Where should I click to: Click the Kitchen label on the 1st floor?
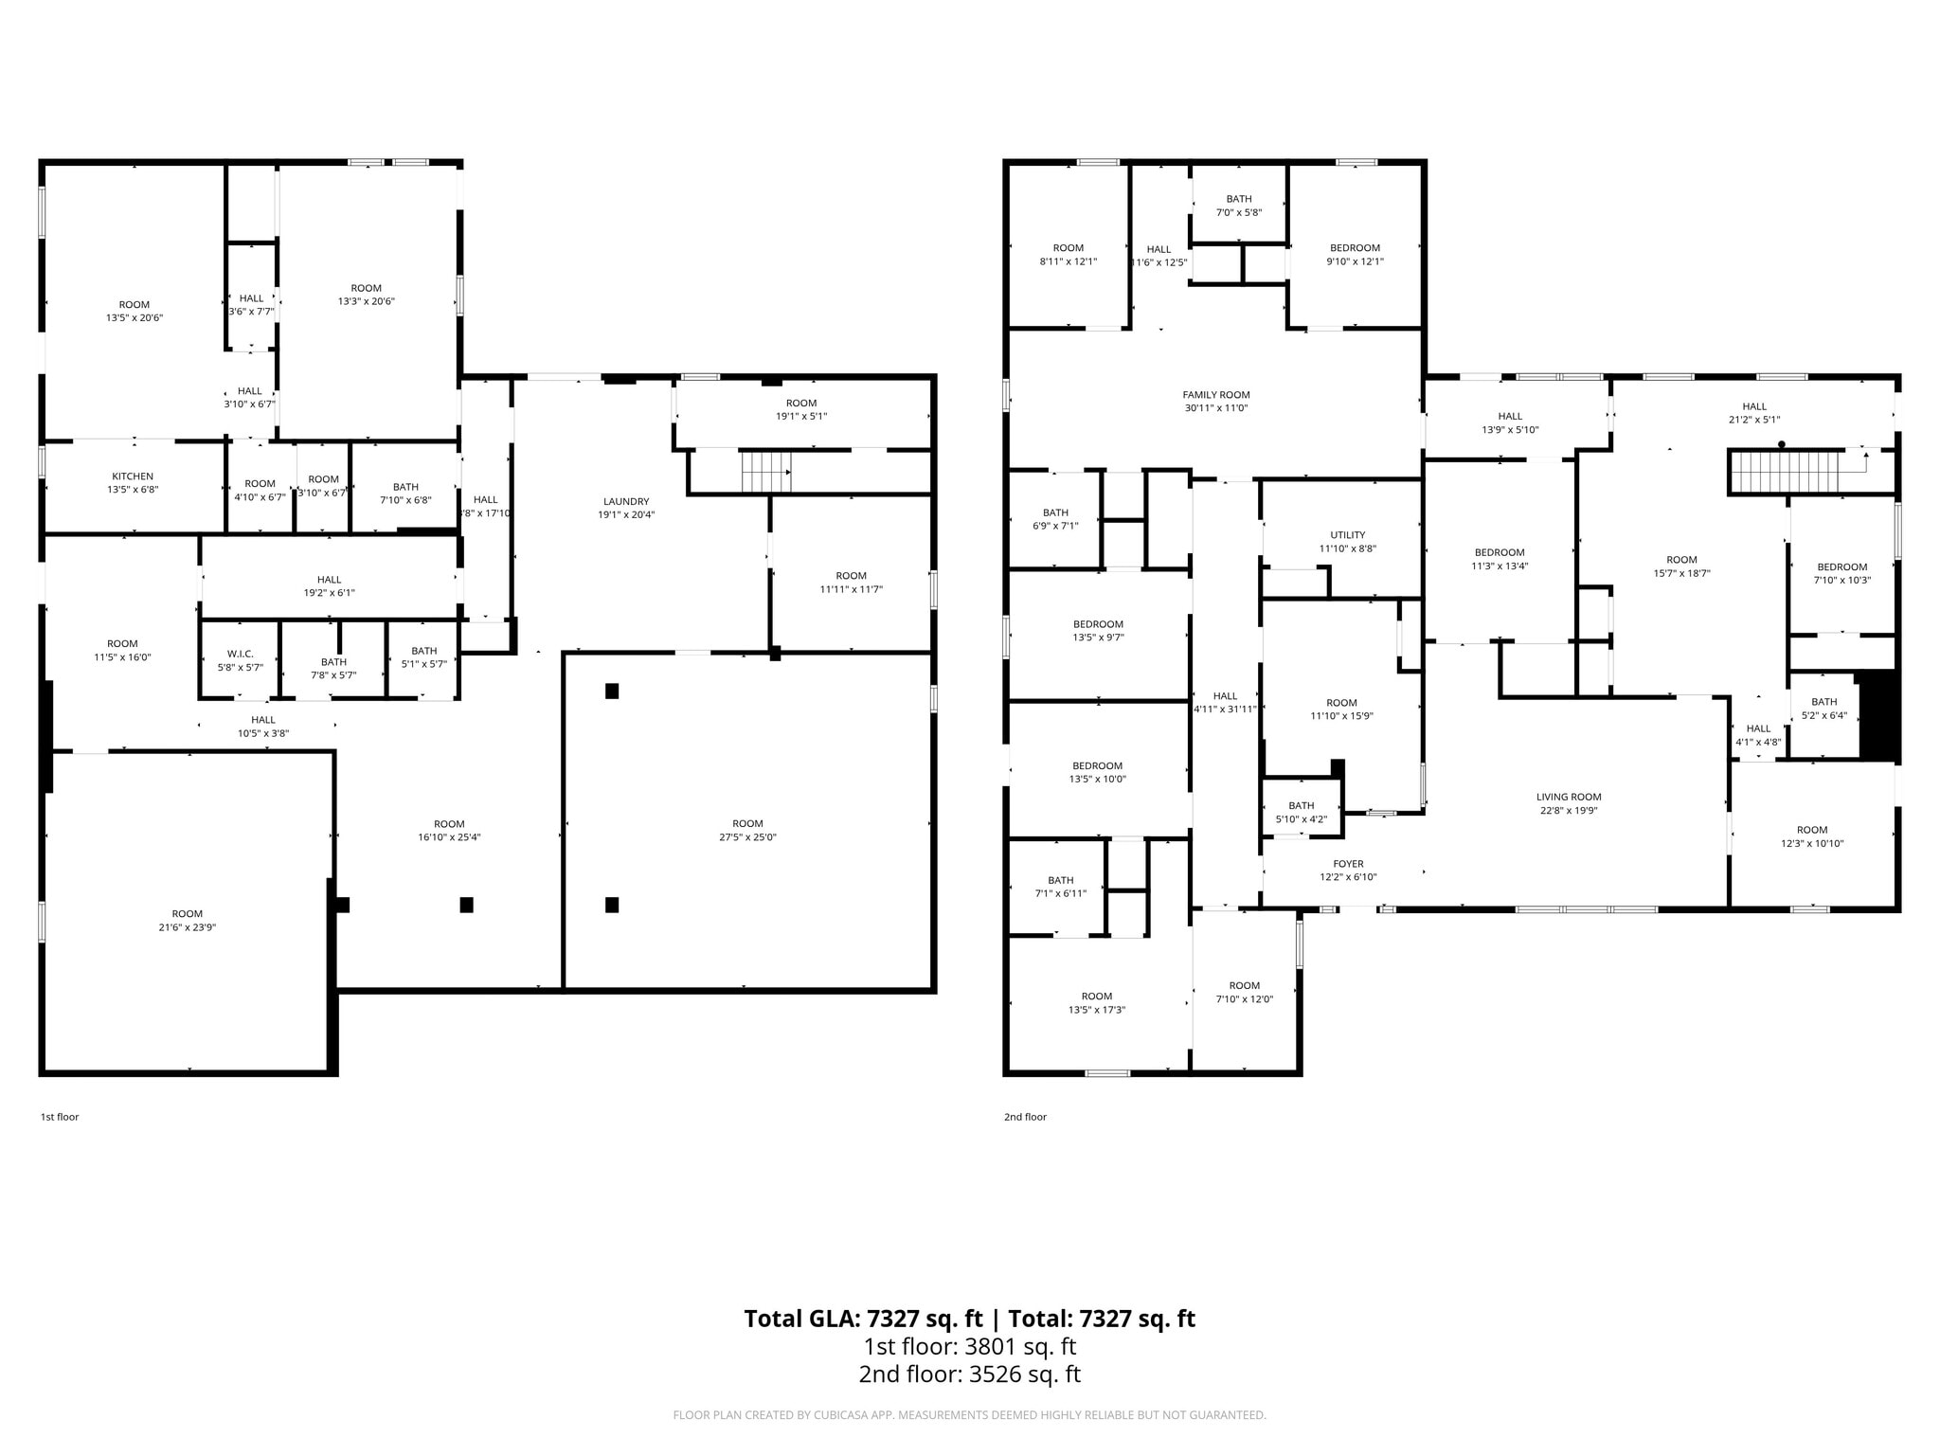tap(133, 476)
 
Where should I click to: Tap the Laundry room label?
tap(626, 502)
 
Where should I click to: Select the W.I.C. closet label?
tap(241, 654)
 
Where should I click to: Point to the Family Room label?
tap(1216, 395)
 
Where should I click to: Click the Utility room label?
tap(1347, 535)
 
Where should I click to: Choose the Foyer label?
tap(1348, 864)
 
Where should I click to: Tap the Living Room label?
tap(1569, 798)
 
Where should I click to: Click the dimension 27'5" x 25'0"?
tap(747, 837)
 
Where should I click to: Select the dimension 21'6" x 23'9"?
tap(188, 928)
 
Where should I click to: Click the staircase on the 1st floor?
tap(764, 472)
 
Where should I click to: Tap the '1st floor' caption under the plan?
tap(60, 1117)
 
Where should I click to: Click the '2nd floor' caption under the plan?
tap(1025, 1117)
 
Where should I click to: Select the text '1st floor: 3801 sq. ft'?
tap(969, 1346)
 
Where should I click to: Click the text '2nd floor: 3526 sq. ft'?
tap(969, 1374)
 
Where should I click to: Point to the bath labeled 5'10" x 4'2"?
tap(1301, 813)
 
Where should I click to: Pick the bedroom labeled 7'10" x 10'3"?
tap(1841, 574)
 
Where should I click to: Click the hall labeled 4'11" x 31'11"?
tap(1225, 702)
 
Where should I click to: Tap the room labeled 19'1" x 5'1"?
tap(801, 409)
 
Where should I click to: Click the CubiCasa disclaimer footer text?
tap(969, 1415)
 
